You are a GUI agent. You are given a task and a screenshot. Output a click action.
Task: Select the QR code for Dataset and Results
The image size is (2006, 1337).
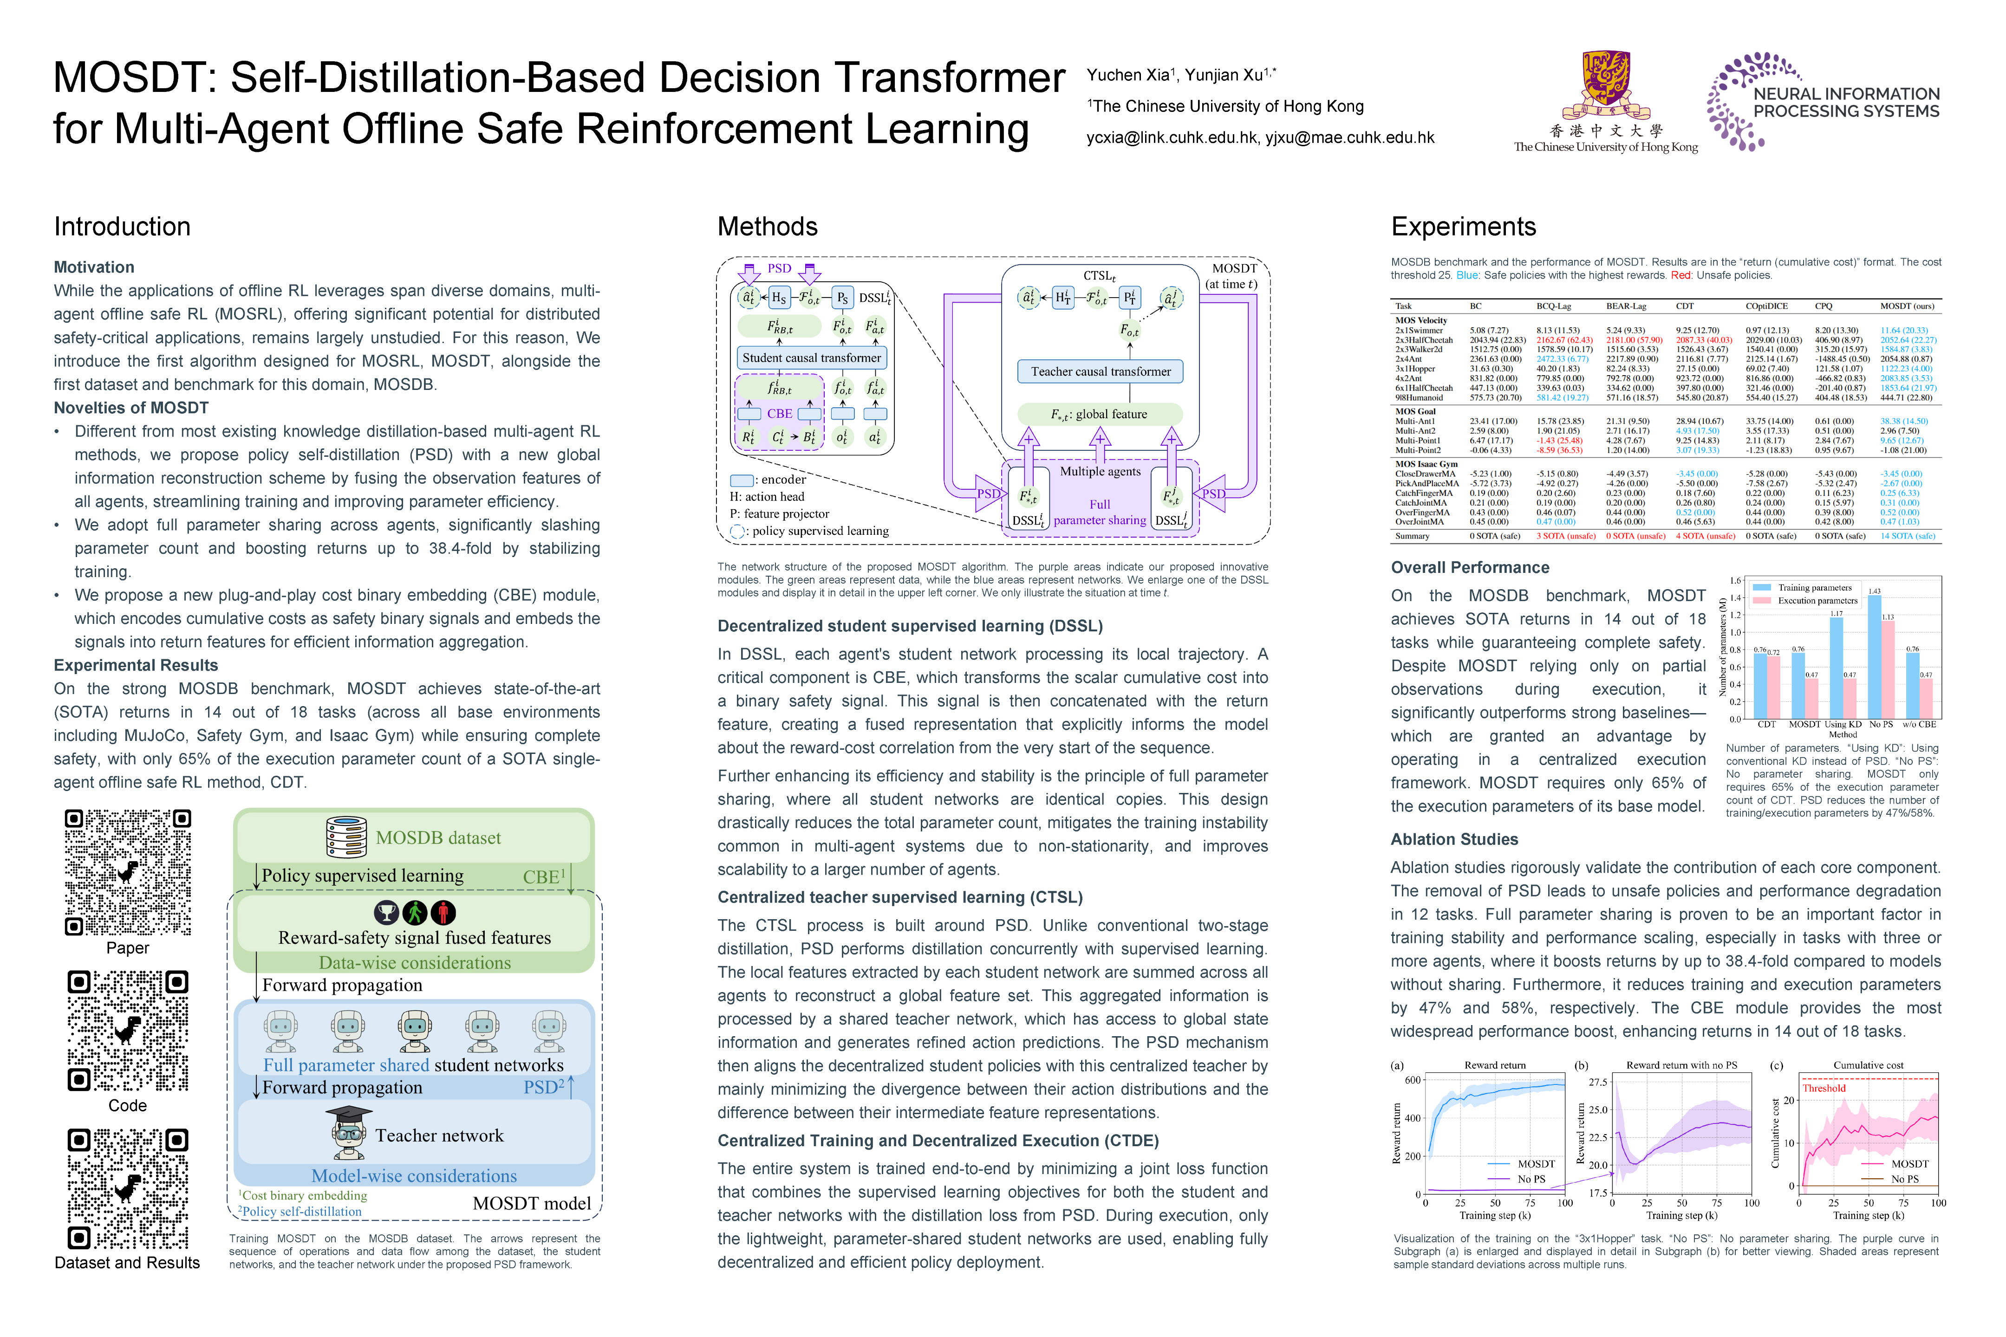pyautogui.click(x=128, y=1188)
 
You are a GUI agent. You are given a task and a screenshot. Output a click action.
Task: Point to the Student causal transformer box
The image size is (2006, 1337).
pyautogui.click(x=811, y=358)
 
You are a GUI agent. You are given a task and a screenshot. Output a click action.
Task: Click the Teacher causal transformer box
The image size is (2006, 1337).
pyautogui.click(x=1100, y=372)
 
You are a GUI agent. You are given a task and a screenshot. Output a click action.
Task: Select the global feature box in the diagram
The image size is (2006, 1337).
pyautogui.click(x=1100, y=415)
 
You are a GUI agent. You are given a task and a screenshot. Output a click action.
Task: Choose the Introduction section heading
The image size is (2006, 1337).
pyautogui.click(x=122, y=227)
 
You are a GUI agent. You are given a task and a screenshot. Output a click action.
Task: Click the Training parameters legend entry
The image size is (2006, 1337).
pyautogui.click(x=1814, y=588)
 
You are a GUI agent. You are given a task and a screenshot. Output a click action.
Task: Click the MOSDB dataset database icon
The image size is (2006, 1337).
pyautogui.click(x=346, y=837)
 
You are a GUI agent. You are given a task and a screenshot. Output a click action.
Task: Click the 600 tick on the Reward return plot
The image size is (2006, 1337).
pyautogui.click(x=1413, y=1080)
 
